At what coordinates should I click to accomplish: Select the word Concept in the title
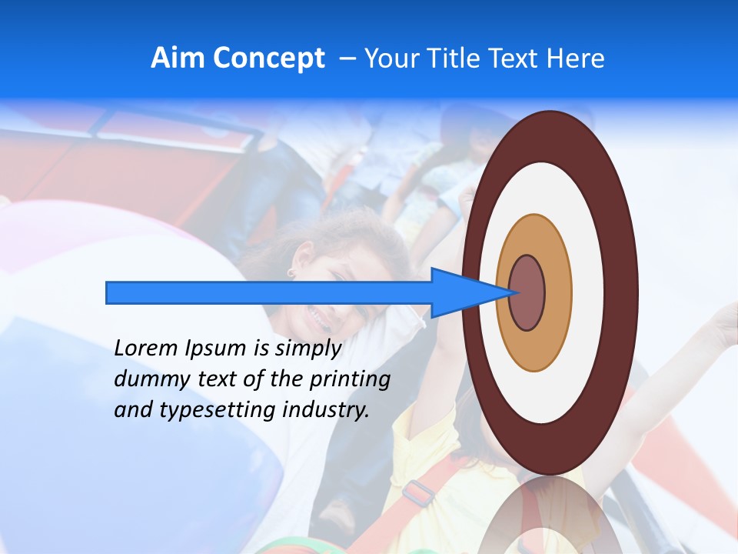pyautogui.click(x=268, y=58)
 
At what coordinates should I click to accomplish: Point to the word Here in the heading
pyautogui.click(x=576, y=58)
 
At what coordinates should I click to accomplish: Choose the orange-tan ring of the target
pyautogui.click(x=558, y=292)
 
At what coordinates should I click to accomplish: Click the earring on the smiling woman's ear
pyautogui.click(x=292, y=272)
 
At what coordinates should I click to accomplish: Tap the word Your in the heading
pyautogui.click(x=390, y=58)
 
